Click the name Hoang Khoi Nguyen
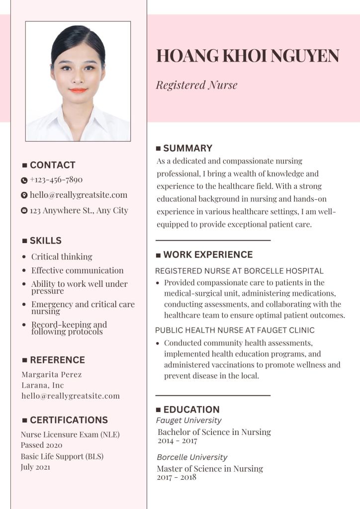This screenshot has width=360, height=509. [248, 56]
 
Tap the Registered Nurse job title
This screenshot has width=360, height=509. [196, 85]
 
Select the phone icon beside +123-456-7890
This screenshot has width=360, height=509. [24, 180]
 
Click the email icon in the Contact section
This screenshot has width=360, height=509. [24, 195]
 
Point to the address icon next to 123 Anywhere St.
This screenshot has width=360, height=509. [24, 211]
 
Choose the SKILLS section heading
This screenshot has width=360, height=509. [45, 241]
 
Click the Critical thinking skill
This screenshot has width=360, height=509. [62, 256]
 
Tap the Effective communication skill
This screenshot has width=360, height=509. [77, 270]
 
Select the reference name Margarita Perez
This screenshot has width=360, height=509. [51, 374]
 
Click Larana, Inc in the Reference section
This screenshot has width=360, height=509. [42, 385]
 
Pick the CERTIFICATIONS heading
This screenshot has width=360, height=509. [69, 420]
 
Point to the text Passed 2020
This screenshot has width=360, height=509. [41, 445]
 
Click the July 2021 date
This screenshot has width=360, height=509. [35, 467]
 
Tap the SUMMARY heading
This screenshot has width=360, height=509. [187, 148]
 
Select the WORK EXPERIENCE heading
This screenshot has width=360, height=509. [208, 254]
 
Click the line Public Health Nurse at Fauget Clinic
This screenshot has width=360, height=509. [235, 330]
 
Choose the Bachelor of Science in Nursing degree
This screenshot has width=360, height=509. [214, 432]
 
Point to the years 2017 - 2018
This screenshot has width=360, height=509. [177, 477]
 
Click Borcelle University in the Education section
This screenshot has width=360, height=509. [192, 457]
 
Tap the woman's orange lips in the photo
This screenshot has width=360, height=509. [78, 90]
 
